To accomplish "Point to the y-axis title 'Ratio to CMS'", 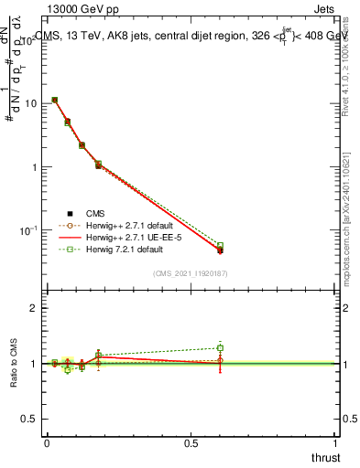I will coord(14,363).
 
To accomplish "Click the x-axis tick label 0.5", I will coord(191,443).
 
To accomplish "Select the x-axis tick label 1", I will coord(336,443).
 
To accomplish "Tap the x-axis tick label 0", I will coord(47,443).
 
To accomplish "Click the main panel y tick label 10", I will coord(29,103).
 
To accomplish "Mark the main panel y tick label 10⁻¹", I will coord(29,230).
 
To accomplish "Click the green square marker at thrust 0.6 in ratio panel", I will coord(220,347).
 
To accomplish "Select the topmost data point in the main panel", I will coord(55,100).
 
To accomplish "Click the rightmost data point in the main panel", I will coord(220,250).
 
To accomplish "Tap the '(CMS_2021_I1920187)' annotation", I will coord(190,272).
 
